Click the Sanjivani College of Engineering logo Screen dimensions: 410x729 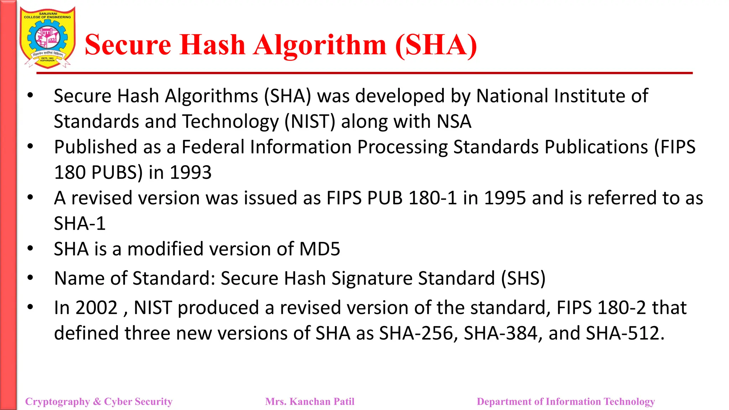(x=47, y=38)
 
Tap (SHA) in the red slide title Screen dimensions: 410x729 (x=436, y=45)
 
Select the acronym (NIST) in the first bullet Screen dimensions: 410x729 (x=310, y=121)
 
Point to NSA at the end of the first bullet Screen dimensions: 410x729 (x=454, y=121)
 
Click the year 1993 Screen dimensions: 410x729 (x=191, y=173)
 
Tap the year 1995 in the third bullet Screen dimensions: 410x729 (x=505, y=198)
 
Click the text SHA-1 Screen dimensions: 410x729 (x=80, y=224)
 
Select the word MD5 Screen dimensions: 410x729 (x=320, y=249)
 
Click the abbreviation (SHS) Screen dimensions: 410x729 (x=523, y=278)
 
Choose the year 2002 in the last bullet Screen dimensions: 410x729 (x=96, y=308)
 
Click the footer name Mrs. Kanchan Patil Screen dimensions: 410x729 (x=310, y=401)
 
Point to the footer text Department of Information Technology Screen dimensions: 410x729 (x=566, y=401)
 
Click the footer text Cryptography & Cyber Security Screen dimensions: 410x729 (x=99, y=401)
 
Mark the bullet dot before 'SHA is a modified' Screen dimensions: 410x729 (x=30, y=248)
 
